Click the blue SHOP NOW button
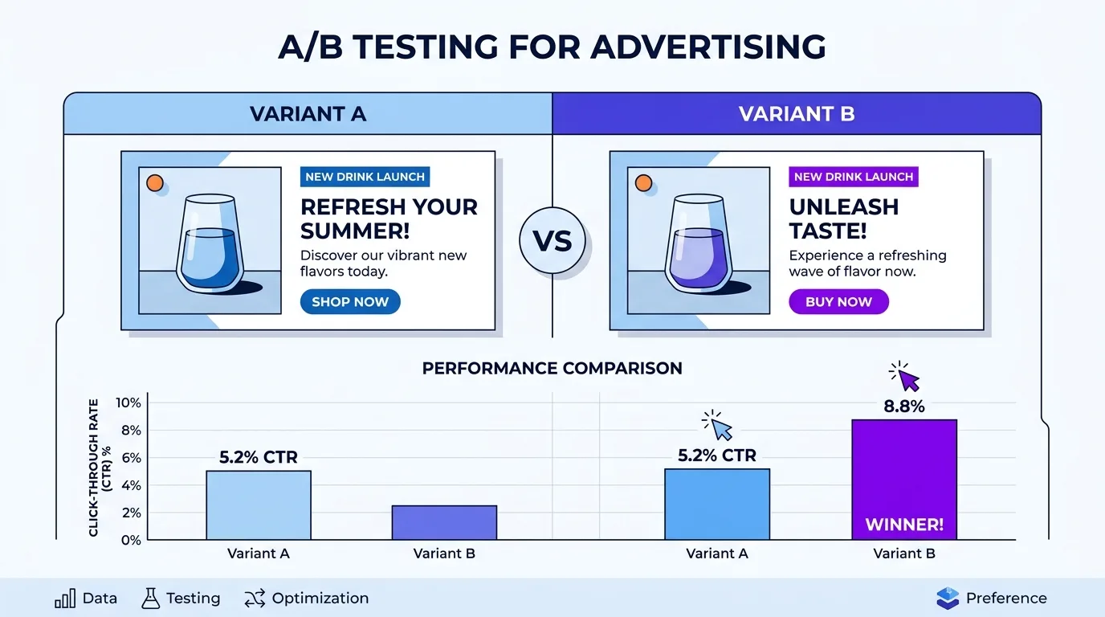coord(349,302)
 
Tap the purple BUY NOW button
coord(838,302)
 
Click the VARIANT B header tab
coord(796,114)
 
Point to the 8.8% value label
coord(903,407)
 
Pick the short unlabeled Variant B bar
coord(444,522)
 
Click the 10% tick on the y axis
coord(128,402)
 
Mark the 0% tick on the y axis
coord(131,540)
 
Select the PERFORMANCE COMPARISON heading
coord(552,369)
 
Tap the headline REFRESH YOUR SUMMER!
coord(389,219)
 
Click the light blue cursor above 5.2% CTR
coord(720,426)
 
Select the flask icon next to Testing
coord(150,599)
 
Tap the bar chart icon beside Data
coord(65,599)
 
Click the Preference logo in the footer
coord(948,599)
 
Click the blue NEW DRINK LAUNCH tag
coord(365,177)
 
